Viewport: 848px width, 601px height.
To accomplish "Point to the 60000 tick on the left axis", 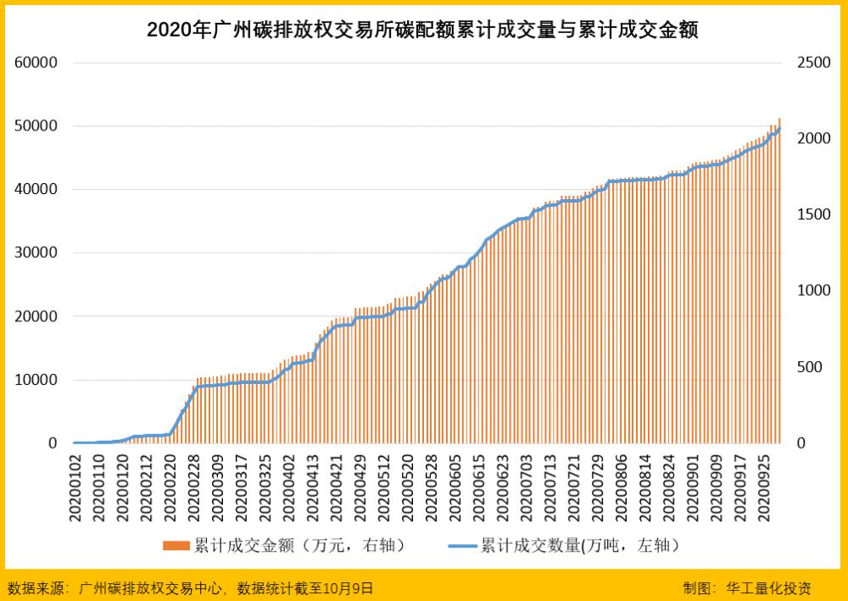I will click(x=36, y=63).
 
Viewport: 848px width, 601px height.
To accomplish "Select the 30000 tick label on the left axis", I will click(x=36, y=253).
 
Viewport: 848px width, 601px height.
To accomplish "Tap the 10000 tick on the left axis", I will click(x=36, y=380).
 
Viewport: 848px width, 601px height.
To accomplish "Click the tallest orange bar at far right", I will click(x=779, y=280).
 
